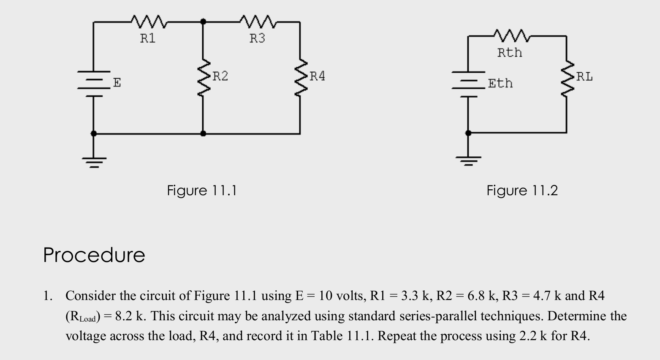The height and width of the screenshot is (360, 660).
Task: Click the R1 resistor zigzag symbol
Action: tap(149, 21)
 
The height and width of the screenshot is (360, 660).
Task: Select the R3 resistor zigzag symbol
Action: tap(258, 21)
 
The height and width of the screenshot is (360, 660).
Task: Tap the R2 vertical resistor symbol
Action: tap(203, 77)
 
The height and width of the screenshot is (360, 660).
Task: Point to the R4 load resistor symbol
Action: tap(300, 77)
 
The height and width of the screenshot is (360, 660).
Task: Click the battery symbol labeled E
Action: tap(93, 83)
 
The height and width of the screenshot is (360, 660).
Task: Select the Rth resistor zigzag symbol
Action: tap(511, 36)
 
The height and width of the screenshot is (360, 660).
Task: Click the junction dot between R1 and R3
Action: tap(203, 21)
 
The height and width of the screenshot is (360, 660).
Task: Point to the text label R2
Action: tap(220, 76)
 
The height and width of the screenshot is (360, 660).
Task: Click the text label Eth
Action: tap(500, 83)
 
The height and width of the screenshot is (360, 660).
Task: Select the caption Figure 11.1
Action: tap(202, 191)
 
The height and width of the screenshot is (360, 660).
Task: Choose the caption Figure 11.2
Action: tap(522, 191)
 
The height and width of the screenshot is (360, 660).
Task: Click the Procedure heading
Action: tap(94, 255)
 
